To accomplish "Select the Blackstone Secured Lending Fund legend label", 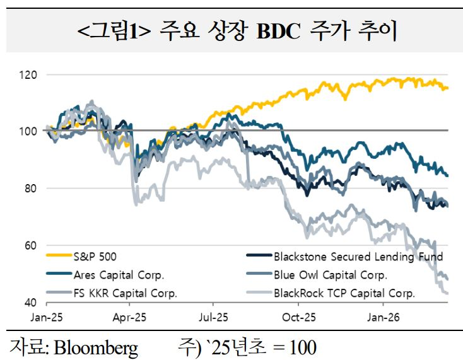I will tap(358, 257).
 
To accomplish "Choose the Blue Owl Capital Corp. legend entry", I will tap(330, 275).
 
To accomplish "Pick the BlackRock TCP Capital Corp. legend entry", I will tap(344, 293).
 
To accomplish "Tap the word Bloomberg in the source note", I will tap(95, 347).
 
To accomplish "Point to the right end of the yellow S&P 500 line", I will tap(447, 88).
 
